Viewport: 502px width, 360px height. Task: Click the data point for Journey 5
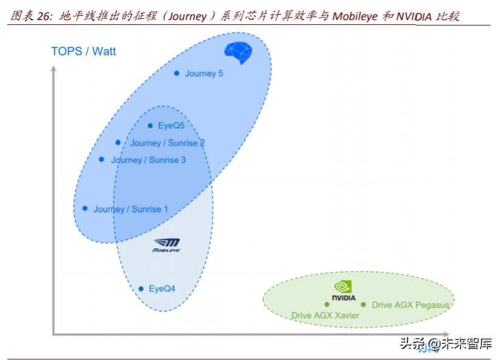[x=177, y=73]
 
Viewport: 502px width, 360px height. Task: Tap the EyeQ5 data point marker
[x=150, y=126]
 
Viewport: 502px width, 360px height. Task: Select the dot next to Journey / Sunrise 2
[x=118, y=143]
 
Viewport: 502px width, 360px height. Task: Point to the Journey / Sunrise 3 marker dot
[x=101, y=160]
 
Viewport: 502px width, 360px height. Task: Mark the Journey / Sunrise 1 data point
[x=85, y=208]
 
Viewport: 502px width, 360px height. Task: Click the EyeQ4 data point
[x=141, y=289]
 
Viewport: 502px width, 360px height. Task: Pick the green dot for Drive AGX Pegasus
[x=364, y=305]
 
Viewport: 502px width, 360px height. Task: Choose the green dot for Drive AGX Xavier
[x=327, y=304]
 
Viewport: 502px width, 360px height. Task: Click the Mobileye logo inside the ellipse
[x=166, y=245]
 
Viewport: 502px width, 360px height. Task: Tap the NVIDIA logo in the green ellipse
[x=343, y=291]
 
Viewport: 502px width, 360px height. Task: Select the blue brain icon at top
[x=238, y=52]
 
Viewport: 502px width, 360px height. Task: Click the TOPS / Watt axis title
[x=83, y=51]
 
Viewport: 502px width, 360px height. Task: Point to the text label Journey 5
[x=204, y=73]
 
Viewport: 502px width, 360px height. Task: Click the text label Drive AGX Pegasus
[x=410, y=305]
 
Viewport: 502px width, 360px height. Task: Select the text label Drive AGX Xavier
[x=325, y=316]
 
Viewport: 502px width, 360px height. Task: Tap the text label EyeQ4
[x=161, y=289]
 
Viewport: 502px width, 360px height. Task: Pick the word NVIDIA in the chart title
[x=414, y=16]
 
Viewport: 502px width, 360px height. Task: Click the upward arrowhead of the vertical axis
[x=53, y=69]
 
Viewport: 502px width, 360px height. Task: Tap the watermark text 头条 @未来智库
[x=445, y=344]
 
